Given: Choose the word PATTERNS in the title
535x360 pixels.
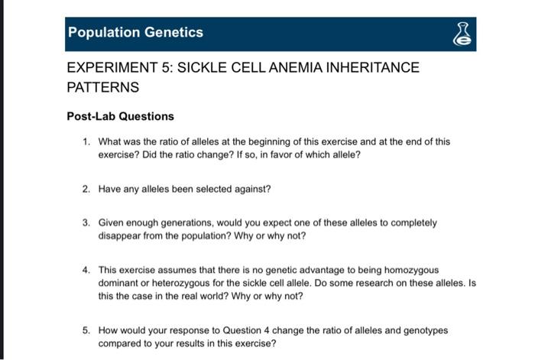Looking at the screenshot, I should [x=103, y=87].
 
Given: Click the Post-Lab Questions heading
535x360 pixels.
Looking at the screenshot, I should [x=121, y=116].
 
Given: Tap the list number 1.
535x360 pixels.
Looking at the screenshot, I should [x=86, y=141].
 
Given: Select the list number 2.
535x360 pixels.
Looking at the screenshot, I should [x=86, y=188].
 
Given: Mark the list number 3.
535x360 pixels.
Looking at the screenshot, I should [x=86, y=223].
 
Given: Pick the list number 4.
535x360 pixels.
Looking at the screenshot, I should [x=86, y=270].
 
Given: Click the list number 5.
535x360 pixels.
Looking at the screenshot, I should [x=86, y=331].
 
